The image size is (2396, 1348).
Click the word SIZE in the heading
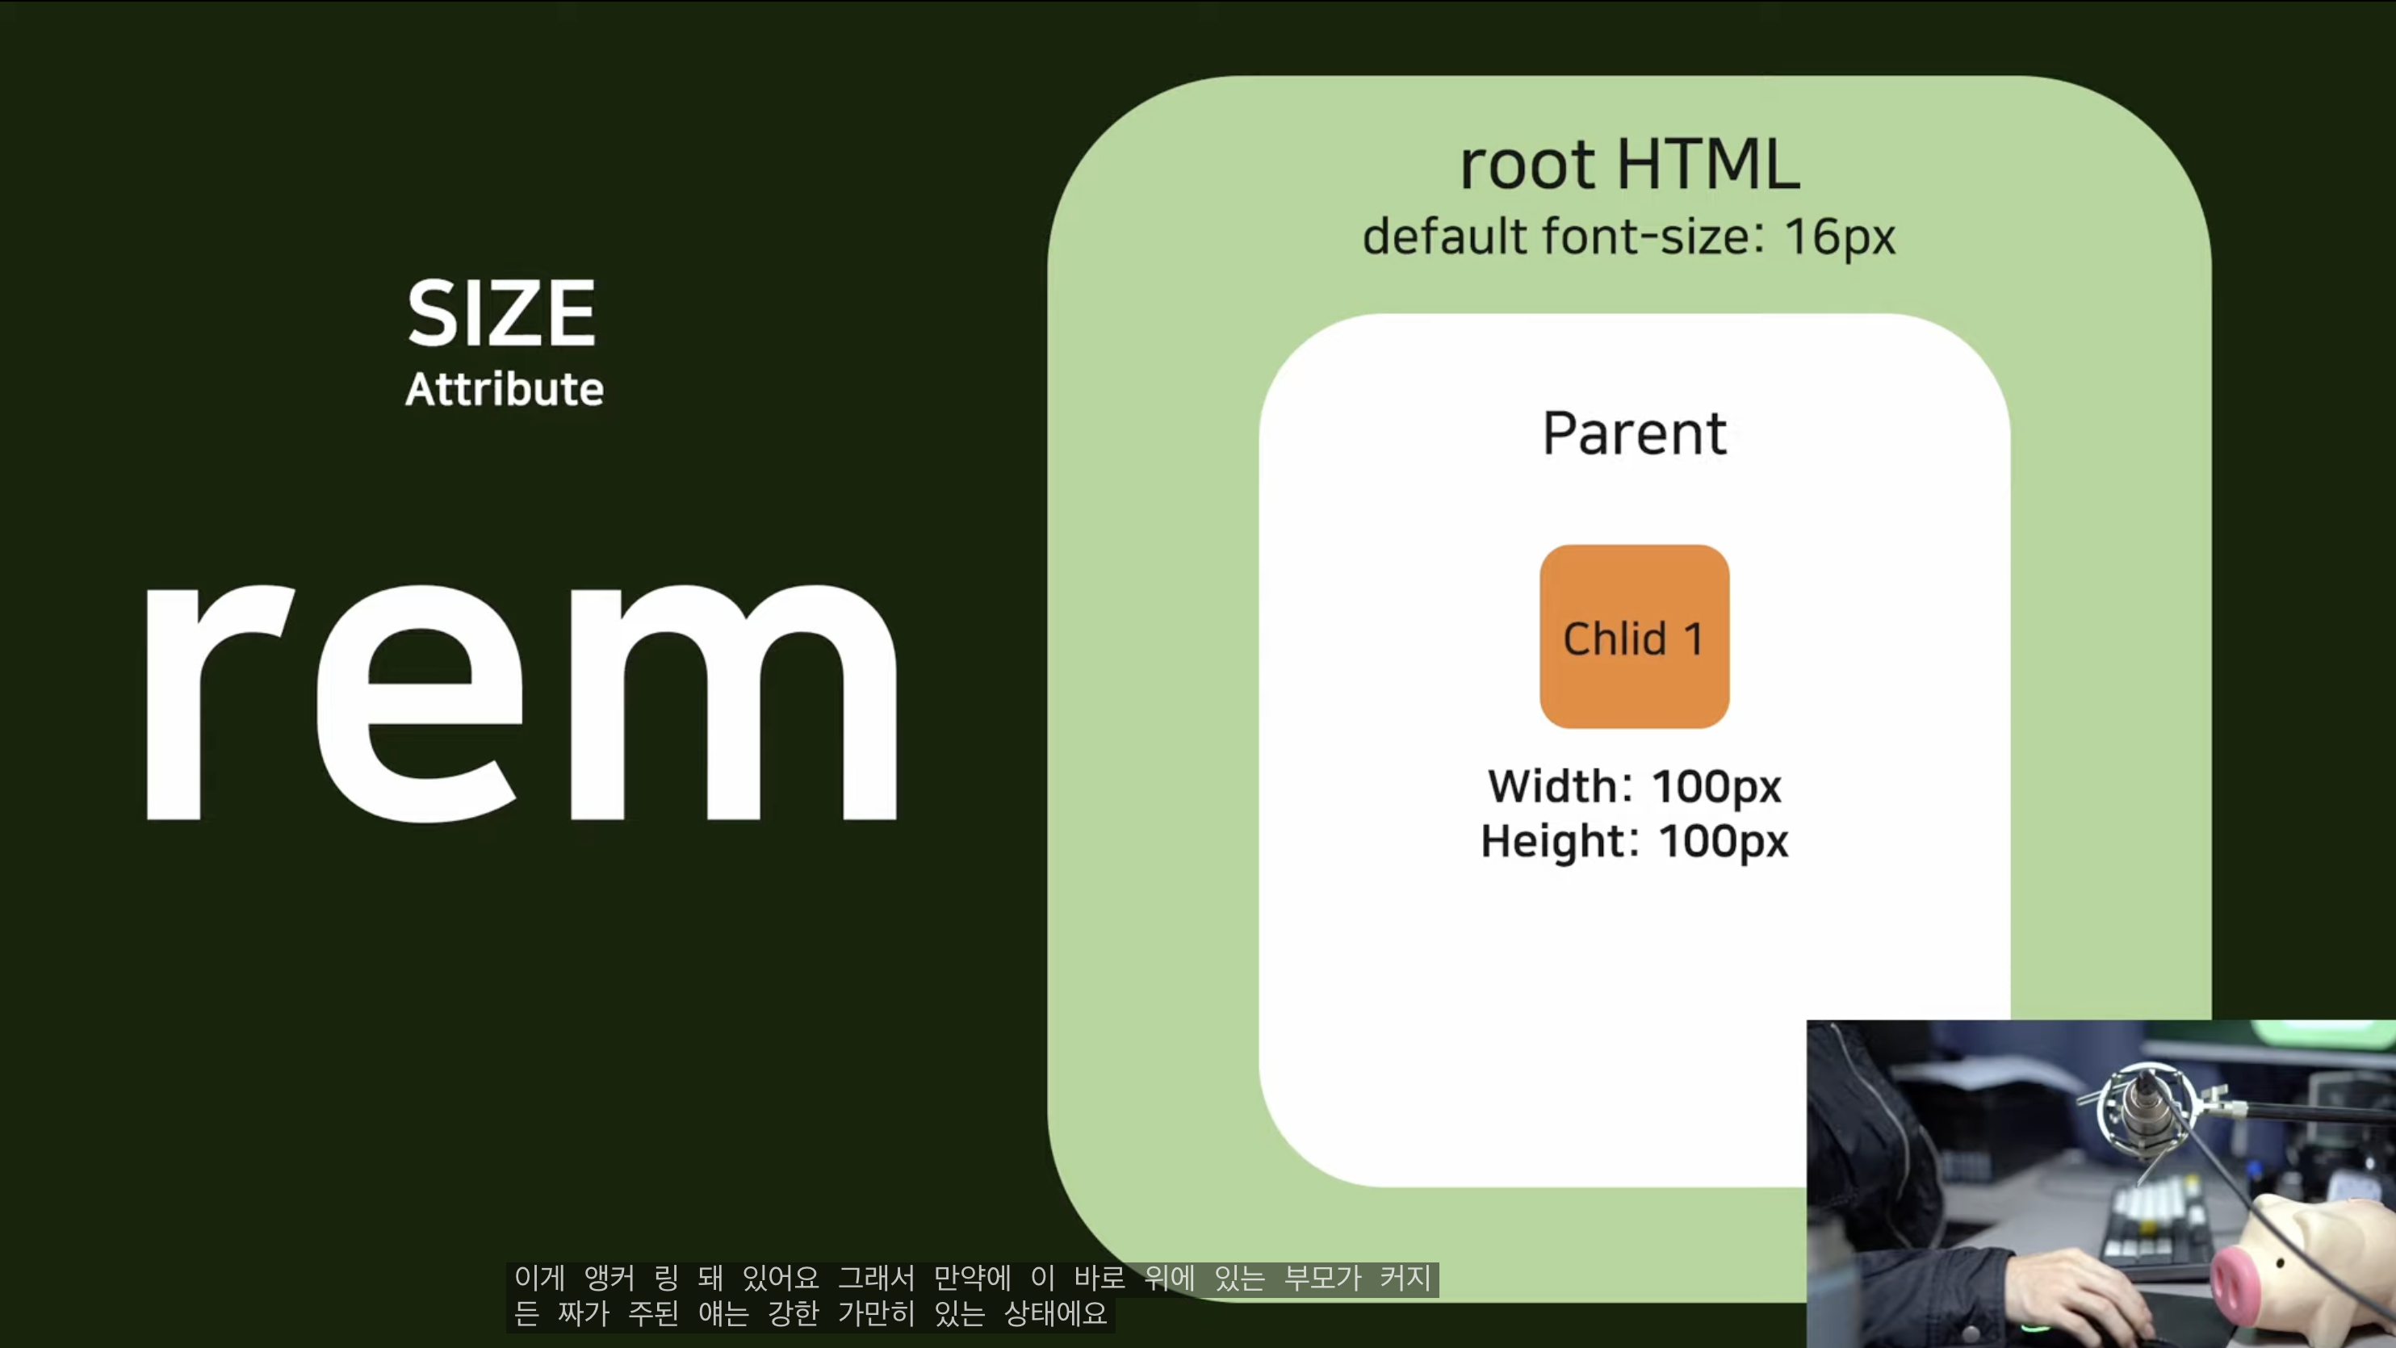[502, 313]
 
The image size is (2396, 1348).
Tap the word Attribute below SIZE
[504, 388]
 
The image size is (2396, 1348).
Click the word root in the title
[1527, 165]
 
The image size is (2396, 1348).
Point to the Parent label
[1634, 433]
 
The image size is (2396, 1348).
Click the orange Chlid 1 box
[1634, 636]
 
